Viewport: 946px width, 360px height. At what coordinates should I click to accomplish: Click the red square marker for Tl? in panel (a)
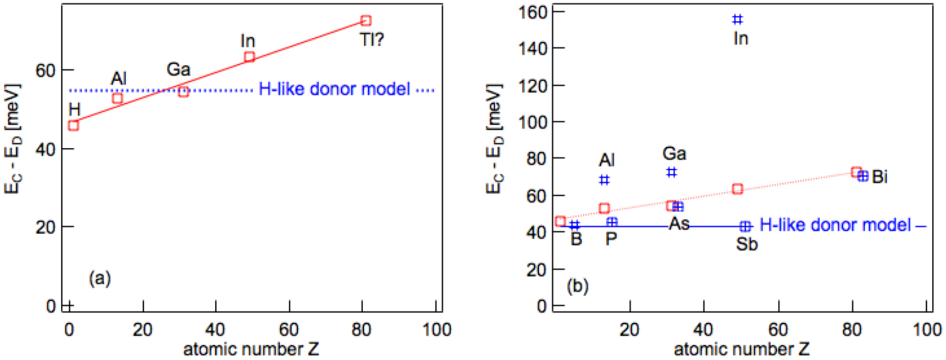click(366, 21)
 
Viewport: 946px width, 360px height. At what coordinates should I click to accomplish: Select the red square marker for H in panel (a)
click(73, 125)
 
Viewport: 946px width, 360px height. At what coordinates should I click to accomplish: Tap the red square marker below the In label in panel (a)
click(249, 57)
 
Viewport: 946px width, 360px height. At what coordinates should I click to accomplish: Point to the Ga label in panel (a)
click(178, 70)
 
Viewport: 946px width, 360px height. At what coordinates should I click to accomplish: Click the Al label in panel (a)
click(118, 79)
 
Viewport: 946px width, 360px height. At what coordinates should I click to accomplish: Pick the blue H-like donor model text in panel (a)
click(334, 89)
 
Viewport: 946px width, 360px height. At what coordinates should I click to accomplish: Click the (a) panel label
click(100, 278)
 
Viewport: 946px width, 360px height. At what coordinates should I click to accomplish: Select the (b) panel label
click(578, 286)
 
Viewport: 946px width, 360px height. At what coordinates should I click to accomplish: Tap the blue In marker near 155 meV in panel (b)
click(737, 19)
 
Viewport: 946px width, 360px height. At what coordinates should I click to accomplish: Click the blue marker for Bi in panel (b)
click(863, 176)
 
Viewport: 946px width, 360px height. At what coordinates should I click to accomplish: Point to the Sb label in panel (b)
click(746, 244)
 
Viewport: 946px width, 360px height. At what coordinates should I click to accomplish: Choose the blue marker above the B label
click(574, 225)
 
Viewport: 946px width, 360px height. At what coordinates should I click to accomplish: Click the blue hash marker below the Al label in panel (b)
click(604, 180)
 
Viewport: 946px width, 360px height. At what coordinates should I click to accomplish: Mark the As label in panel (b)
click(679, 224)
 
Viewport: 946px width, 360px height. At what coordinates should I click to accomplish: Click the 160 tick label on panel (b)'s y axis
click(533, 12)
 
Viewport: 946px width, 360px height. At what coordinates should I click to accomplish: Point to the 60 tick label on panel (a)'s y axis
click(46, 70)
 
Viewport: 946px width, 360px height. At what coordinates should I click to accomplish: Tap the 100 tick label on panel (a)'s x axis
click(436, 330)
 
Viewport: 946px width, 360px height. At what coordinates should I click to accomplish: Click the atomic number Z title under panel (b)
click(741, 349)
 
